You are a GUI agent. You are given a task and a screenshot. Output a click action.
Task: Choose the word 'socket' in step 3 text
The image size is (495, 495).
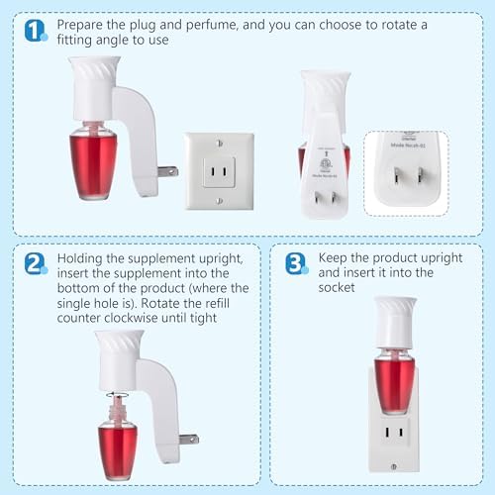pos(337,287)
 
